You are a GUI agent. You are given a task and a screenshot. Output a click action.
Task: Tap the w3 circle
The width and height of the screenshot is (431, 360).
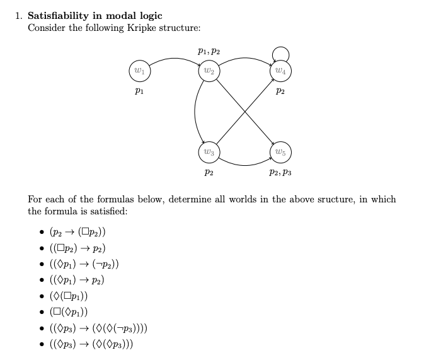tap(209, 152)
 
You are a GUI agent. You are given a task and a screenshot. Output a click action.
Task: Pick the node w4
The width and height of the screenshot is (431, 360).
tap(280, 71)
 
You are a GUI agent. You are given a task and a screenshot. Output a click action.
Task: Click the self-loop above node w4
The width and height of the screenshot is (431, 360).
tap(280, 52)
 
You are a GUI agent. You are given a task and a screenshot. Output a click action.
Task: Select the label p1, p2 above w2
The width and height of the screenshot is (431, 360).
tap(209, 52)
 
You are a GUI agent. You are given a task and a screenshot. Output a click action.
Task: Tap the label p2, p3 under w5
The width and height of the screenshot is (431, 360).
tap(280, 171)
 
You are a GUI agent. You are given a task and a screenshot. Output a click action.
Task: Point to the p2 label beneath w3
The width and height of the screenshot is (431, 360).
tap(209, 171)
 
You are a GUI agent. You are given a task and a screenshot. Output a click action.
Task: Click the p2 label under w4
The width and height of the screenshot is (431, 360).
tap(280, 91)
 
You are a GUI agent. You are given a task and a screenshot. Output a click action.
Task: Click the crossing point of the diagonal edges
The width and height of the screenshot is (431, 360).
tap(244, 112)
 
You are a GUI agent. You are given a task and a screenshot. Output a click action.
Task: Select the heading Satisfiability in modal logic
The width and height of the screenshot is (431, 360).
tap(95, 16)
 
